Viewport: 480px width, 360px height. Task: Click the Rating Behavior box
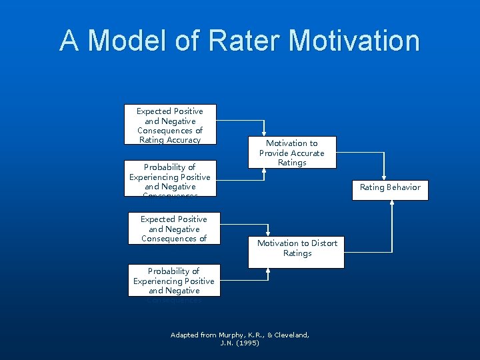point(390,187)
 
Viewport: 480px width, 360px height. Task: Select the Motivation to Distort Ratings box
point(297,249)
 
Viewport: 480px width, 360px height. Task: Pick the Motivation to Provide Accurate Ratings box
point(292,153)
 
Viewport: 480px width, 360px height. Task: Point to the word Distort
point(321,243)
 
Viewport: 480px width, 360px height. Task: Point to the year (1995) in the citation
point(247,343)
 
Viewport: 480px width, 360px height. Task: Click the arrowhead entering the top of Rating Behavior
point(384,177)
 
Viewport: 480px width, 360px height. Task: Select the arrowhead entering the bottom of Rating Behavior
point(392,203)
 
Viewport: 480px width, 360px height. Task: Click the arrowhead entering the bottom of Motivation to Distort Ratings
point(268,271)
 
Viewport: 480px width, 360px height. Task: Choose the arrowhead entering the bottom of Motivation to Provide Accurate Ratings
point(265,170)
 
